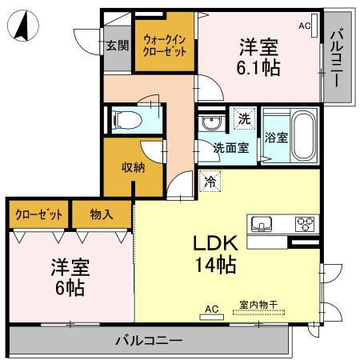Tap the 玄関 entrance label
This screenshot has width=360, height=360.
coord(117,46)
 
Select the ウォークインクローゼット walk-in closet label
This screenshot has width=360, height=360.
coord(165,45)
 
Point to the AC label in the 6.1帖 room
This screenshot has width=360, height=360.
coord(305,26)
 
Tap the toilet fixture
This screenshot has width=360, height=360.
coord(127,120)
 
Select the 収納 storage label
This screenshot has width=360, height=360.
coord(133,167)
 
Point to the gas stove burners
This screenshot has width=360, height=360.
coord(305,223)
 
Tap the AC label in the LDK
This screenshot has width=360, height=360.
coord(212,307)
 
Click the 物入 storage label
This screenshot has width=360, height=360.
coord(102,214)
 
